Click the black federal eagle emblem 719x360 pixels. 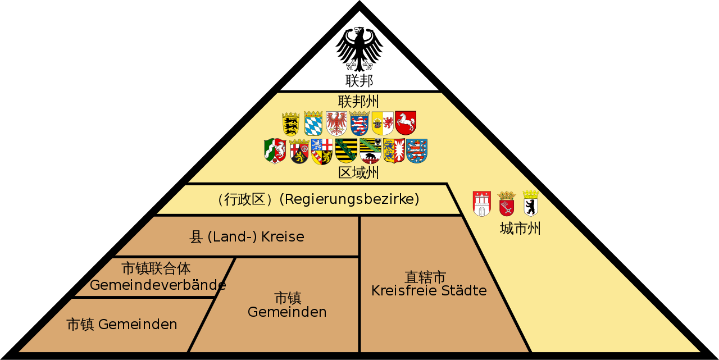coord(359,49)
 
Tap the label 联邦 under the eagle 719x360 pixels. coord(359,81)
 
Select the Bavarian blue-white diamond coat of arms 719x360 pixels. coord(313,123)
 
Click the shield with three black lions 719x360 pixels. coord(291,123)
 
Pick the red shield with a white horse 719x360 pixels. coord(406,122)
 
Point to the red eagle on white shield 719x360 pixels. coord(336,123)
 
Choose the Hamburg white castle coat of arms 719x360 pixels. coord(481,203)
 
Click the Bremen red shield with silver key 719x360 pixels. coord(507,203)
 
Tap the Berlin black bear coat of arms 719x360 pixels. coord(531,203)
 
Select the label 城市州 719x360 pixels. coord(520,229)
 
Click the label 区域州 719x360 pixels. coord(358,172)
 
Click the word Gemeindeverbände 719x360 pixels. coord(158,285)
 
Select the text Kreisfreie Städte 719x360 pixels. coord(429,291)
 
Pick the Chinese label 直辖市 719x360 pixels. coord(425,277)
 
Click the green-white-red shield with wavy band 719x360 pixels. coord(275,151)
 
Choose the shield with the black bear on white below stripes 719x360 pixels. coord(370,151)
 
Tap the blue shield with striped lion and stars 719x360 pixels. coord(417,151)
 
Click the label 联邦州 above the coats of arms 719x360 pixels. coord(358,102)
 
